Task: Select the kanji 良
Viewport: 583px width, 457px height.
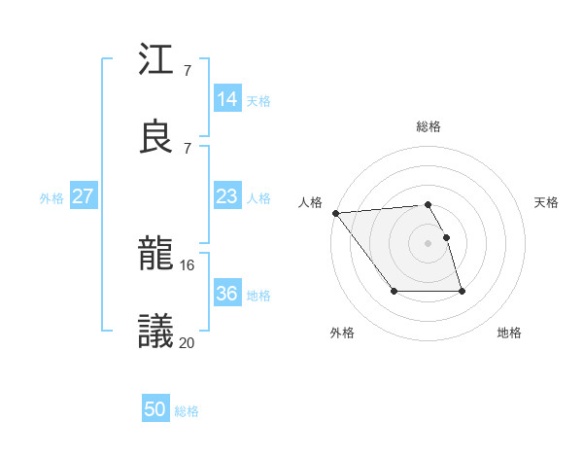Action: click(x=156, y=137)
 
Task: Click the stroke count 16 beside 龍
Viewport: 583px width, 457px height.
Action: click(x=188, y=264)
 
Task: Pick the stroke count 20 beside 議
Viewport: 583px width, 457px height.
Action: click(x=188, y=341)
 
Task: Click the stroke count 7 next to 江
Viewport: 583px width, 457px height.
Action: click(x=187, y=70)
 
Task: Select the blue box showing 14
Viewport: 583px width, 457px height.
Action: click(x=227, y=99)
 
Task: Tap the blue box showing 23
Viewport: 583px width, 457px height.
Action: click(x=227, y=196)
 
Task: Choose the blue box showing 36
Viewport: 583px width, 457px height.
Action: click(x=227, y=294)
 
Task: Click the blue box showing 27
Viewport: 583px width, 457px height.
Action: click(x=83, y=196)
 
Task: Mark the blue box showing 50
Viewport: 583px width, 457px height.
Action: click(x=155, y=410)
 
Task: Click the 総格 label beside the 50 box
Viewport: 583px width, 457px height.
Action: click(x=188, y=411)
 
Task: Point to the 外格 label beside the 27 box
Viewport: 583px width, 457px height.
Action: click(x=51, y=197)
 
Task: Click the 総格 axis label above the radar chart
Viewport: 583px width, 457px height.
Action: click(x=429, y=126)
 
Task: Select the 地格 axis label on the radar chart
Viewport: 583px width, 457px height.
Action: click(x=509, y=333)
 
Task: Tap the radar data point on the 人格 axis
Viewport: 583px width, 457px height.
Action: click(x=335, y=213)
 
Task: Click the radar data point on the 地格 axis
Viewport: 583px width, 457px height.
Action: click(x=462, y=291)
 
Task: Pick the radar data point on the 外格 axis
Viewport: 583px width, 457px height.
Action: click(x=394, y=291)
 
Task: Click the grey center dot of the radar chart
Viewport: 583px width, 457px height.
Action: click(x=428, y=243)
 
